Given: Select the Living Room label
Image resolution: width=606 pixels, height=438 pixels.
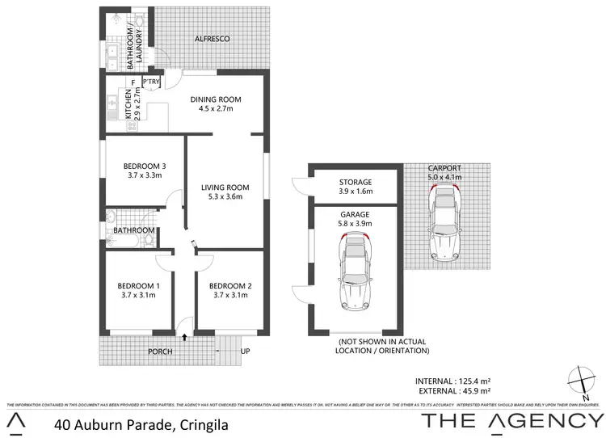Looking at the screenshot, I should tap(225, 187).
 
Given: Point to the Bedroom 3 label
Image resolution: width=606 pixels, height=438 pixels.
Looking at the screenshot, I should tap(133, 162).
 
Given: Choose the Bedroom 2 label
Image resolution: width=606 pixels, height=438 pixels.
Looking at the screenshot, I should tap(230, 285).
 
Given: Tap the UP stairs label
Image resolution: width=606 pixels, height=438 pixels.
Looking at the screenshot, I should tap(246, 352).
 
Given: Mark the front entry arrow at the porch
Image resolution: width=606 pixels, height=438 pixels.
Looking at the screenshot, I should tap(185, 336).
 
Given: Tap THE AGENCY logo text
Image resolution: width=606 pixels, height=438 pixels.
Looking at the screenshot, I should tap(513, 421).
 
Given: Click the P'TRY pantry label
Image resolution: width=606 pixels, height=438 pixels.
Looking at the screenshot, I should tap(151, 82).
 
